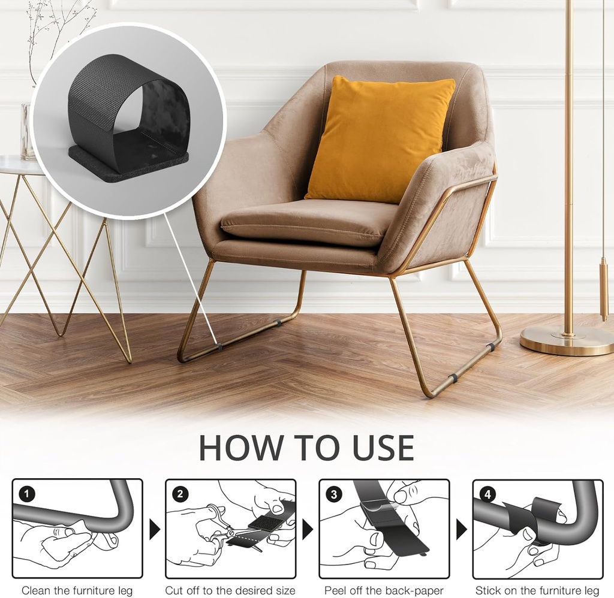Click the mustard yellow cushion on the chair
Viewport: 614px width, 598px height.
379,140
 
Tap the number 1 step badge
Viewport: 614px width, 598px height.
28,494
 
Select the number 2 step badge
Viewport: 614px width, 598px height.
180,494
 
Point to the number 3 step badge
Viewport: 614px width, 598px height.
334,494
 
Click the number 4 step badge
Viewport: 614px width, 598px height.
488,494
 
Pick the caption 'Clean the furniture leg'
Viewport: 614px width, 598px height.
77,590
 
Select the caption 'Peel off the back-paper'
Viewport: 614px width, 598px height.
384,590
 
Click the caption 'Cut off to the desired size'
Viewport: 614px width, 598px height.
230,590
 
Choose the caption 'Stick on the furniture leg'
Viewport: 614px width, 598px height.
537,590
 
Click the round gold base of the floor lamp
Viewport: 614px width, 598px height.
567,341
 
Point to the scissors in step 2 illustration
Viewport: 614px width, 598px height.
219,527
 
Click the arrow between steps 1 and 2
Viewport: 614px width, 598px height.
154,529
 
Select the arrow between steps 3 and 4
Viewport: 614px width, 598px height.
461,529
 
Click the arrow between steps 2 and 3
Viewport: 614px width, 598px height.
308,529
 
